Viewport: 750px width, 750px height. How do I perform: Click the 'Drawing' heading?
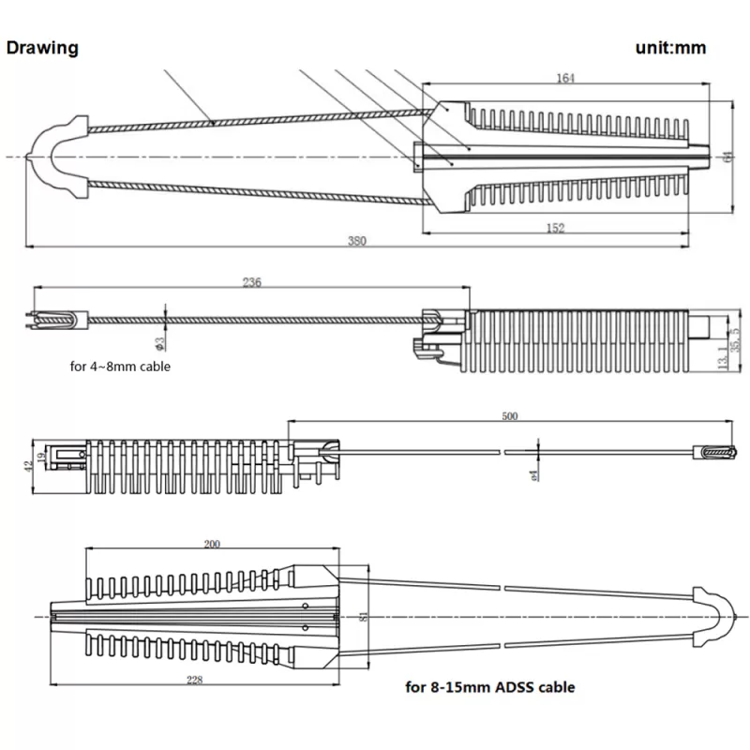pos(42,48)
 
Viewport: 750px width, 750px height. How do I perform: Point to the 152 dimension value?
pos(556,229)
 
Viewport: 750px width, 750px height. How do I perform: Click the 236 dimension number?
pos(252,281)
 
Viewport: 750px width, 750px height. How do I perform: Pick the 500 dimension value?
pos(510,415)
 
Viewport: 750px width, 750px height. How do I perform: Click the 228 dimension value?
pos(194,680)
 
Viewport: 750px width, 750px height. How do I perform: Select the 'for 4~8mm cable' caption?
pos(120,367)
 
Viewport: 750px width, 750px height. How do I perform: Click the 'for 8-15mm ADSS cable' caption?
pos(490,687)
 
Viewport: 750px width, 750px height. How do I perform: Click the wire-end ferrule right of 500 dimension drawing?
pos(713,452)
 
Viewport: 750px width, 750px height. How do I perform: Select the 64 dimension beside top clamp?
pos(727,157)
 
